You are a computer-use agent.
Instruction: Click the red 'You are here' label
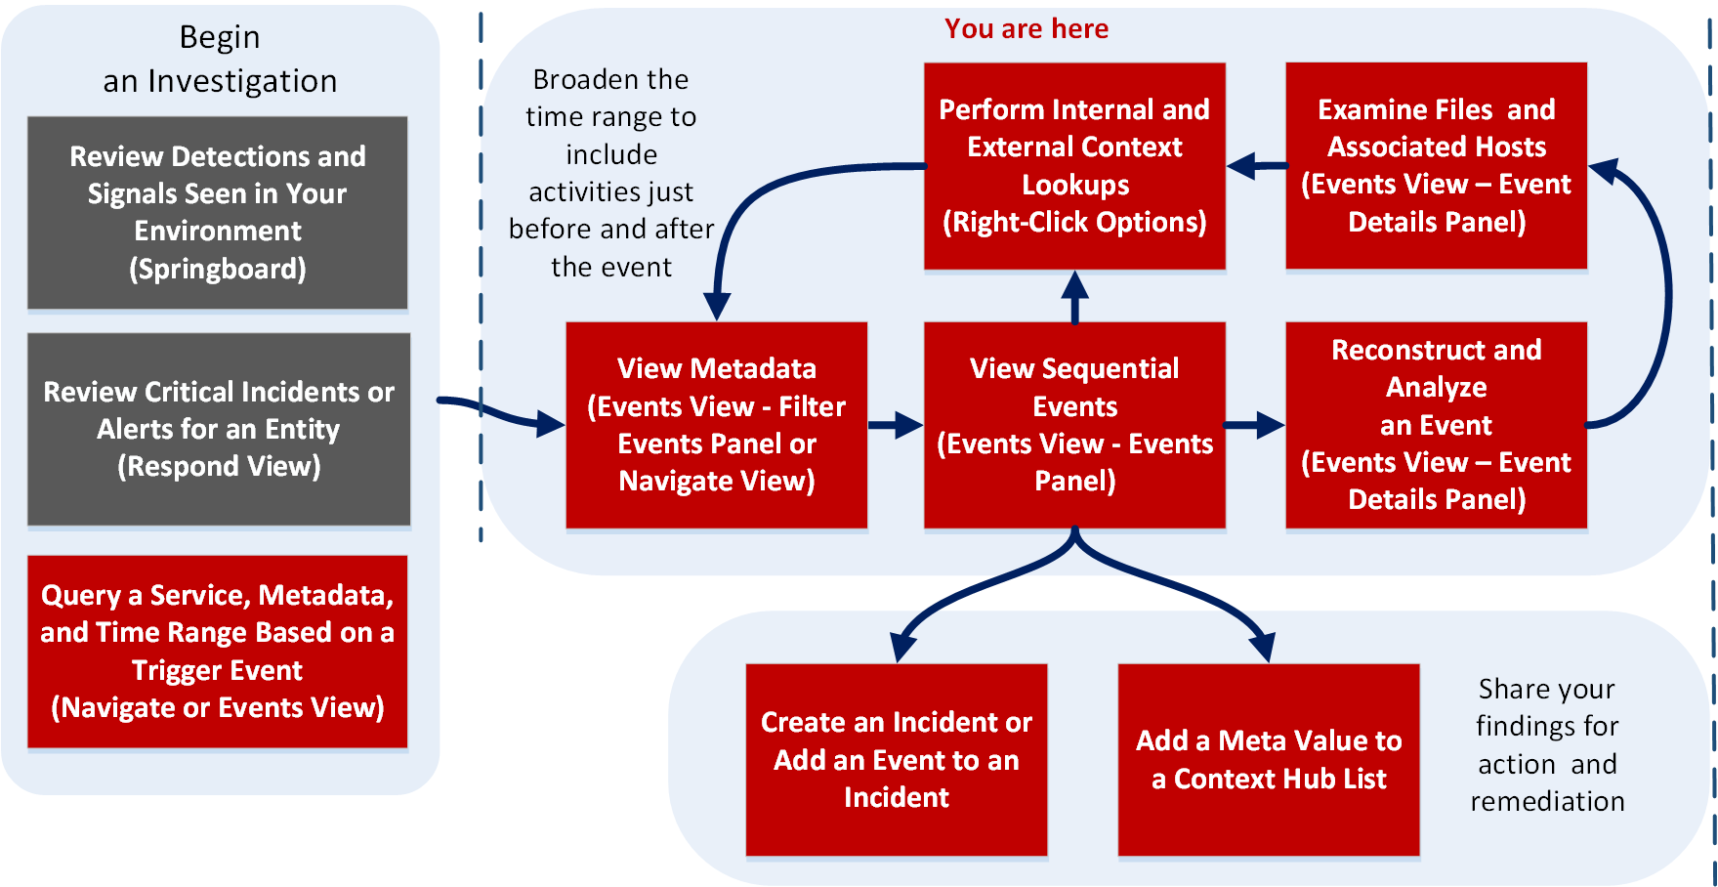(1026, 28)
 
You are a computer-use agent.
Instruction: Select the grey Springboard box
(217, 212)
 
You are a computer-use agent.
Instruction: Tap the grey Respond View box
(218, 429)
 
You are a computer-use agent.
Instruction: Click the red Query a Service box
(217, 651)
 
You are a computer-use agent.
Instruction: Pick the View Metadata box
(716, 425)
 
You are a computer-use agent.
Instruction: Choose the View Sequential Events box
(1074, 425)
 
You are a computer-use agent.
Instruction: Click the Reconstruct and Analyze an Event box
(1436, 425)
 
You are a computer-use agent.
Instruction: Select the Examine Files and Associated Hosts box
(1436, 165)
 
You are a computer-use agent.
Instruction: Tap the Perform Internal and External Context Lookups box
(1074, 165)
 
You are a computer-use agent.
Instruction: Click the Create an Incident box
(896, 759)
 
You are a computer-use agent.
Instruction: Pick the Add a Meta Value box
(1268, 759)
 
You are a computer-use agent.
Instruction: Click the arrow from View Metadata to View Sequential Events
(895, 425)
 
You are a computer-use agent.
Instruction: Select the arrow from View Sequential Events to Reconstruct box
(1254, 425)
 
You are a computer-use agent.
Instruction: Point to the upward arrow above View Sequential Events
(1074, 297)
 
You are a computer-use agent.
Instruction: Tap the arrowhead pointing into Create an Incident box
(902, 647)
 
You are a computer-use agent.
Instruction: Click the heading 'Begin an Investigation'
(220, 59)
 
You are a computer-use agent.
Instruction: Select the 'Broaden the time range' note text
(611, 173)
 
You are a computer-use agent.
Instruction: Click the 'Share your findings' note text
(1547, 744)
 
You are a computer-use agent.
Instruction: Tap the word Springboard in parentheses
(218, 269)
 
